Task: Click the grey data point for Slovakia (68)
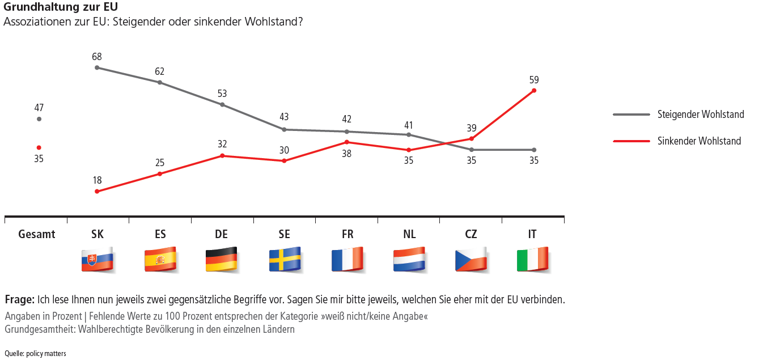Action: point(97,67)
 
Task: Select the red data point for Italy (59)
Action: point(533,91)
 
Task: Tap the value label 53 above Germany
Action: point(222,94)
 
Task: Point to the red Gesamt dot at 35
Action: point(39,147)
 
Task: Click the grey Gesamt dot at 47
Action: point(39,119)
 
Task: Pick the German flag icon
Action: point(221,260)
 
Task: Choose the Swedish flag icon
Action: point(285,260)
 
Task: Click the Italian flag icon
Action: point(533,260)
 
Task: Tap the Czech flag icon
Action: point(470,260)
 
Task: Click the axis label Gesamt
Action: point(37,234)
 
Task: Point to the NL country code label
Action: point(409,234)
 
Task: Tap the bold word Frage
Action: point(19,299)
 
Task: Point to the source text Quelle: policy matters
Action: point(35,354)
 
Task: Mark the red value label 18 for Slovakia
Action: point(97,180)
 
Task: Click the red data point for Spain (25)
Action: point(160,173)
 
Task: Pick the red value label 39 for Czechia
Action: point(470,129)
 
